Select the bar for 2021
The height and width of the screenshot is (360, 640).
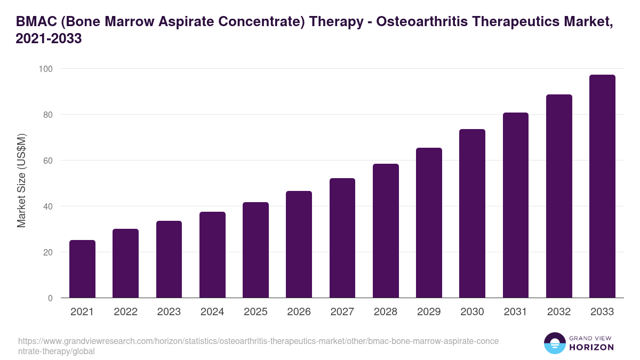[x=82, y=269]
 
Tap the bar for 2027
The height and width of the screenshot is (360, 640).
[x=342, y=238]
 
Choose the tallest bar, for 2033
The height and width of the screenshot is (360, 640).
[x=602, y=186]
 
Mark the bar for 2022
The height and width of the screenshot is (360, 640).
[x=125, y=263]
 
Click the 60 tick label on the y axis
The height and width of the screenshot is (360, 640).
[x=47, y=161]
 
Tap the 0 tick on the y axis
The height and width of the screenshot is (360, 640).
[x=50, y=298]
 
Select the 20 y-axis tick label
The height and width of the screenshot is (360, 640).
[x=47, y=252]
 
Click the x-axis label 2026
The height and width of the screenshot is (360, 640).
[x=299, y=312]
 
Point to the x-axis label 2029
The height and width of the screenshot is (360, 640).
[x=429, y=312]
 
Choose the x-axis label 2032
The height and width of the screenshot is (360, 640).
[x=559, y=312]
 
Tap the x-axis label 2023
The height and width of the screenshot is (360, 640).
[x=169, y=312]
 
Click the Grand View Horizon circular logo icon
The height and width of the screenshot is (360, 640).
[x=555, y=343]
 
